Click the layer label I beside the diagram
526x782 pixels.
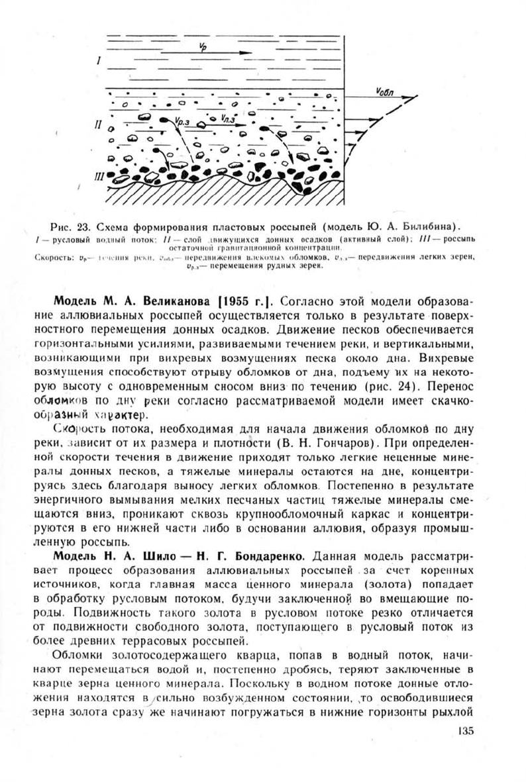[x=98, y=62]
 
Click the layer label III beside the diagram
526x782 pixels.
[x=99, y=176]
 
